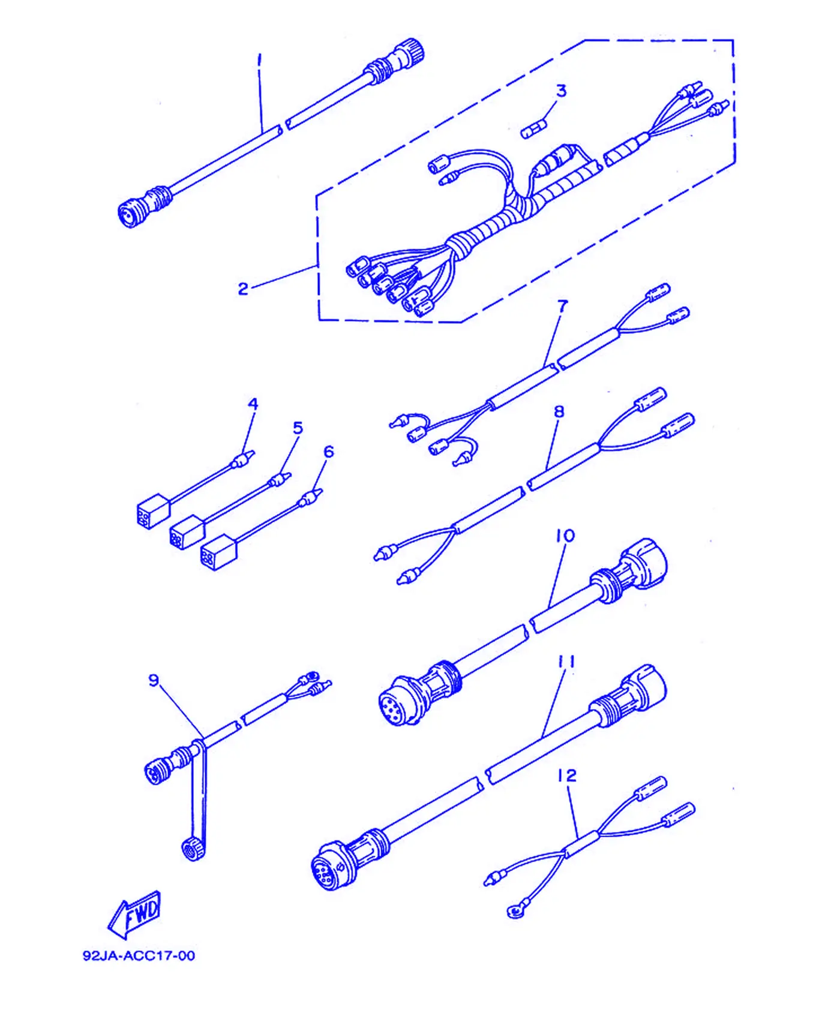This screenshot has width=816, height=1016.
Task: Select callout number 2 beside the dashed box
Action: click(x=242, y=289)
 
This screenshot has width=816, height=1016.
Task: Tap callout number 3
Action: click(x=561, y=91)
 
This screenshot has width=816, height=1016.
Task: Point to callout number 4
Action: click(x=253, y=404)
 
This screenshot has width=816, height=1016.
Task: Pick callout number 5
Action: click(x=298, y=428)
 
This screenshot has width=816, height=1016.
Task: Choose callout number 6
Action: click(x=328, y=452)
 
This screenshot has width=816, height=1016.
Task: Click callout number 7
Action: click(x=562, y=306)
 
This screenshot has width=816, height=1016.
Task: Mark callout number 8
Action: click(x=559, y=411)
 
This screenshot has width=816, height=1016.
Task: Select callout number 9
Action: click(x=154, y=680)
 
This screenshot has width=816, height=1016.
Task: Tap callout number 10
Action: click(x=565, y=536)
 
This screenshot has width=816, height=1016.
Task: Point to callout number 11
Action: click(x=566, y=662)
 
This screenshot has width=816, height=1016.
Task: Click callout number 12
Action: click(x=567, y=775)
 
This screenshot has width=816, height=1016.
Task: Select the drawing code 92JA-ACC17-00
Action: click(x=139, y=955)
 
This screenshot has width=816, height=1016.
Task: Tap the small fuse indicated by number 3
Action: click(x=534, y=129)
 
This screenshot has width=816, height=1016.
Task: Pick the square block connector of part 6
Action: click(x=218, y=552)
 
